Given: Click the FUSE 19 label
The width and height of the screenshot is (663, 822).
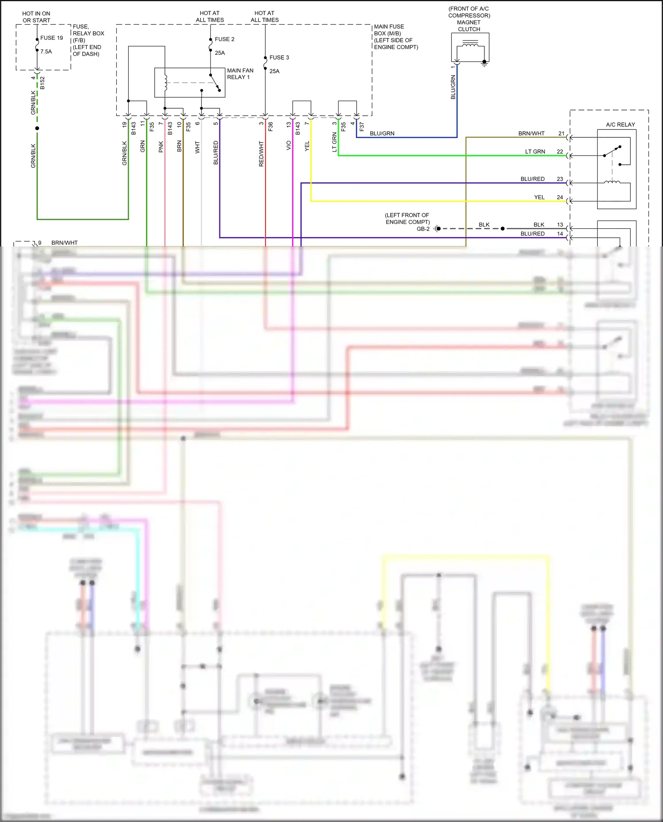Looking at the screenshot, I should [x=51, y=38].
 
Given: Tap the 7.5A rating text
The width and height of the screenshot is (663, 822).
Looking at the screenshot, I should [x=46, y=52].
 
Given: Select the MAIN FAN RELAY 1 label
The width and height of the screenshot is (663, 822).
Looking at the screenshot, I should [x=240, y=74].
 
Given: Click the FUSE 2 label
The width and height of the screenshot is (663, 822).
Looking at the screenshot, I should [x=225, y=39].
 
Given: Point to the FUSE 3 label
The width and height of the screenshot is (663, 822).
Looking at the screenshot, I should [x=279, y=57].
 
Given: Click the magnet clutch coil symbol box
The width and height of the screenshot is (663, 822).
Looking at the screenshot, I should [x=470, y=47].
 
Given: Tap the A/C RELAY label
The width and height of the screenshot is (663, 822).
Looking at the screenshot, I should [x=620, y=125].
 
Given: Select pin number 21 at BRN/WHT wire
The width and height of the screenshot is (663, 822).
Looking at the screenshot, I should [x=561, y=133].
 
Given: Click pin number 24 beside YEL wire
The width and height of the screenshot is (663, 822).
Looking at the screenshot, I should [x=560, y=197].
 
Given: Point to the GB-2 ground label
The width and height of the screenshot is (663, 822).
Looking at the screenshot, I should [x=423, y=229].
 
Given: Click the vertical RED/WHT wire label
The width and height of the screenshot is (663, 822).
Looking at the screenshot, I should [x=261, y=154].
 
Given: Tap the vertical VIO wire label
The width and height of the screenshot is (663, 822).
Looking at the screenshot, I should [x=289, y=145].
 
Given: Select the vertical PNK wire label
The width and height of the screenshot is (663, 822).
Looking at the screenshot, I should [x=161, y=147].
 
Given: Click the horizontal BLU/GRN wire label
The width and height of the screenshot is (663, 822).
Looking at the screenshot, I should [x=382, y=133].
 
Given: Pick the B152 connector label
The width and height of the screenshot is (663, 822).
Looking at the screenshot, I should [x=42, y=83].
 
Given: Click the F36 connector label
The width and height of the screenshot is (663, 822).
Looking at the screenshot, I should [x=271, y=127].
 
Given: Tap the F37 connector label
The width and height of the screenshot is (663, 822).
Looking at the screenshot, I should [x=362, y=127].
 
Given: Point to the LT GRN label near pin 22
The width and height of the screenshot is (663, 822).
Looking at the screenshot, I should [x=535, y=152].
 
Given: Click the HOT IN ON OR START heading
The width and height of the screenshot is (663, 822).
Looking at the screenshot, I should [x=36, y=17].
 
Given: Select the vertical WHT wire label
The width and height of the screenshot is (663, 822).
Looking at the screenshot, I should [x=198, y=147].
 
